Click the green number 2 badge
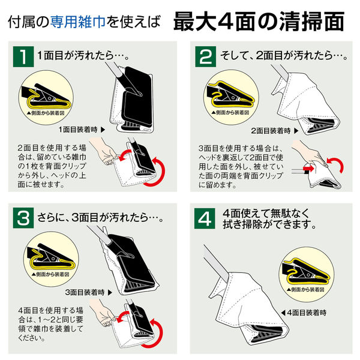(x=206, y=58)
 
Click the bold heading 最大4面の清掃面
(x=259, y=22)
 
